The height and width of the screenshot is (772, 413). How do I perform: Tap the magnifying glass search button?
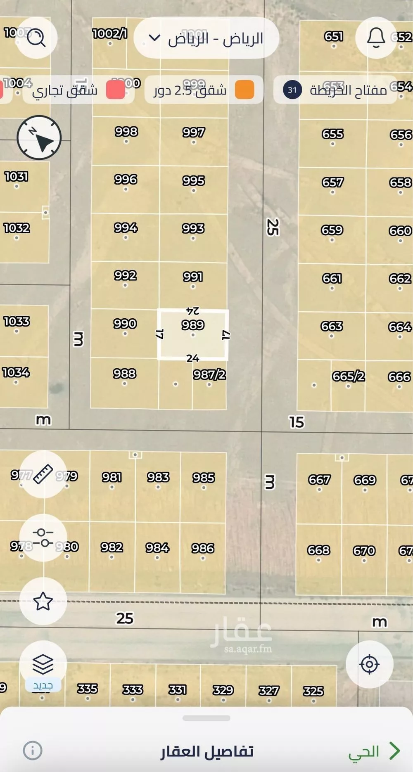(36, 38)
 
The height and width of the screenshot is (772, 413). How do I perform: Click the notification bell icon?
(376, 38)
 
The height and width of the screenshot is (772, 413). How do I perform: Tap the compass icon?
(39, 137)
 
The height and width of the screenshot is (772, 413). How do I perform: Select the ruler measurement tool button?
(43, 474)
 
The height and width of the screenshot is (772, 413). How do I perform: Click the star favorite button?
(43, 601)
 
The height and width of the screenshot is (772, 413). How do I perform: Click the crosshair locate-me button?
(369, 664)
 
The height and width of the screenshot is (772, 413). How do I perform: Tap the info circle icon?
(33, 750)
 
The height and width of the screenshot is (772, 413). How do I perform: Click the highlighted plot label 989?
(193, 325)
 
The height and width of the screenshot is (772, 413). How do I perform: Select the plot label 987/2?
(209, 374)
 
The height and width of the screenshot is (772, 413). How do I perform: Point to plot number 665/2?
(348, 376)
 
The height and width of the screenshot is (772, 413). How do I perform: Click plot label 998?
(126, 132)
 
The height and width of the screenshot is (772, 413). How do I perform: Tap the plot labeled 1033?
(17, 321)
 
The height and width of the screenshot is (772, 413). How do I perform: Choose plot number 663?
(332, 326)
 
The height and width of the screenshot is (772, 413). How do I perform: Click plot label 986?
(203, 548)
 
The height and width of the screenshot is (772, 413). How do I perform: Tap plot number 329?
(223, 690)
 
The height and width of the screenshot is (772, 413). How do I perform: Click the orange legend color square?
(244, 90)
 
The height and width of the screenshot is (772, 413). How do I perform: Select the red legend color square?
(115, 90)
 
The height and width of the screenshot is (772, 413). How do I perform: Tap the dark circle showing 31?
(292, 90)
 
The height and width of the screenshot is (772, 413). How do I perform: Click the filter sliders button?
(43, 538)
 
